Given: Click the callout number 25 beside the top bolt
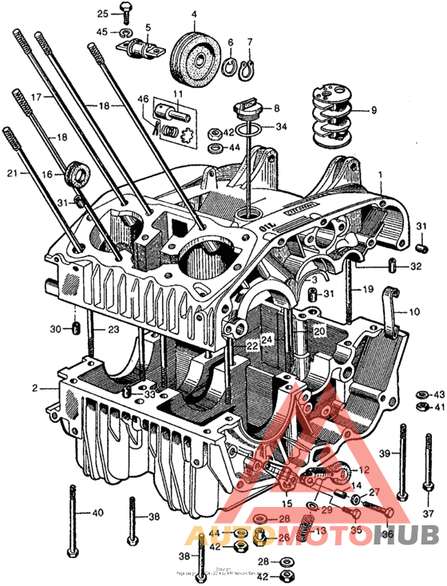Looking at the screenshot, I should [102, 14].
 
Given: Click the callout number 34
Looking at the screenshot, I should [281, 127].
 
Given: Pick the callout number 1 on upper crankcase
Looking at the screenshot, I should [381, 174].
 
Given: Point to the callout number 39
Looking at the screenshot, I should [384, 453].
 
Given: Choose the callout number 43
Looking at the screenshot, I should [439, 394].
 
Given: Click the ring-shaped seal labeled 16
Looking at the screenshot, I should [80, 172].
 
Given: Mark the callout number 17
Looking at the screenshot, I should [36, 96].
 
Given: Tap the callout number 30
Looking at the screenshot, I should [55, 329].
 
